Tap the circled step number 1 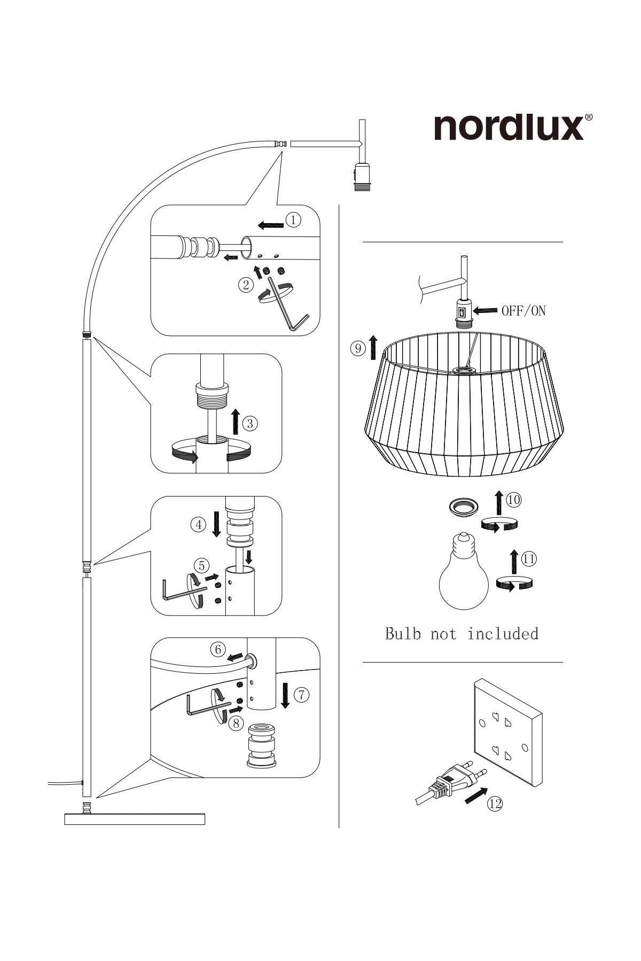[293, 219]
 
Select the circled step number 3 [250, 424]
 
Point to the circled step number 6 [217, 650]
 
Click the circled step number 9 [357, 349]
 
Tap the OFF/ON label [523, 311]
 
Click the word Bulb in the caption [403, 634]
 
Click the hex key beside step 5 [182, 591]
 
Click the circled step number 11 [529, 559]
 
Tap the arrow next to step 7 [285, 695]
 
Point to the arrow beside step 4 [216, 524]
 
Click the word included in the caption [503, 634]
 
